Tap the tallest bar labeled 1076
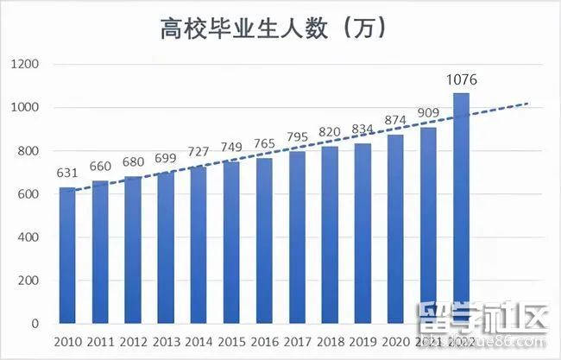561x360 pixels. point(462,208)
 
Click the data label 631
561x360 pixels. point(67,174)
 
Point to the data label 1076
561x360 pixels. point(462,79)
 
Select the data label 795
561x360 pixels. point(297,138)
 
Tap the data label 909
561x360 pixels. point(429,113)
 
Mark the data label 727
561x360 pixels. point(199,153)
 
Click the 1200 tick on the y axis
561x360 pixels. point(27,65)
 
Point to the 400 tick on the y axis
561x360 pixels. point(31,237)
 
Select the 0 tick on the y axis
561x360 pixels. point(36,324)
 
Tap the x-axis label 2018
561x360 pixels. point(330,341)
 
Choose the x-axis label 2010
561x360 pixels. point(67,341)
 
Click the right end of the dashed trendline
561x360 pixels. point(526,104)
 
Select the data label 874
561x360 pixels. point(395,121)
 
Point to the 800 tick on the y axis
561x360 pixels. point(31,151)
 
